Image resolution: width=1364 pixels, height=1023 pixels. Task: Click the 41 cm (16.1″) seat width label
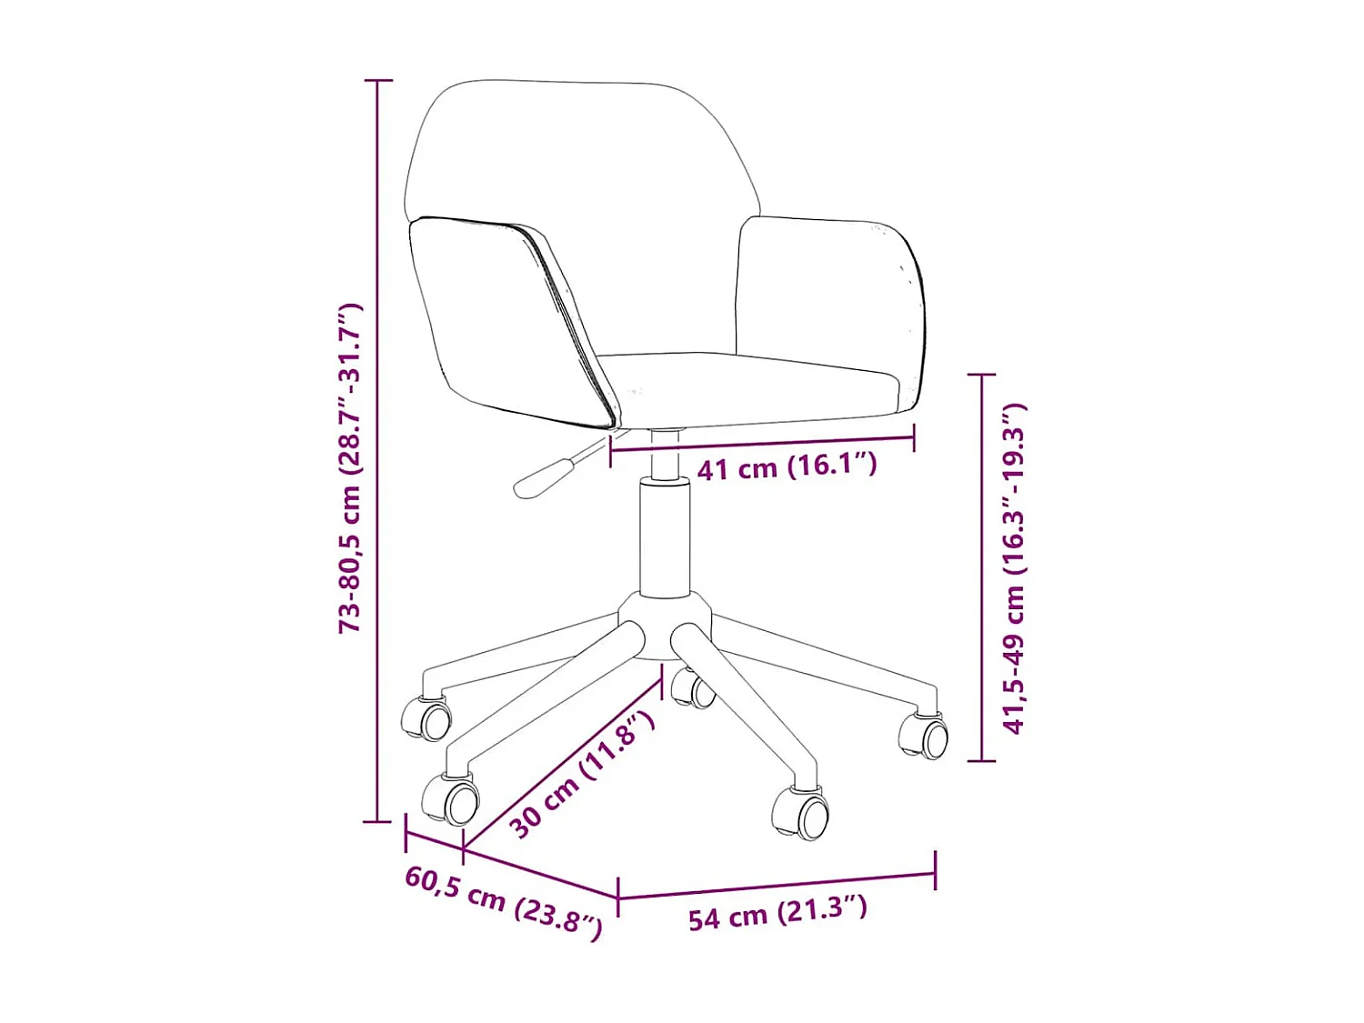click(x=786, y=466)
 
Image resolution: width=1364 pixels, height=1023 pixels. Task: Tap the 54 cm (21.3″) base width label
click(x=777, y=913)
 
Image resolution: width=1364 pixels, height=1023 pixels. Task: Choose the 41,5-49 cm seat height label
click(x=1014, y=568)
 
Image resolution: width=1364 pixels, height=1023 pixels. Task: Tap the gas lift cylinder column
click(x=665, y=539)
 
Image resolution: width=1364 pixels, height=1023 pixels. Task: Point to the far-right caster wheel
click(x=923, y=736)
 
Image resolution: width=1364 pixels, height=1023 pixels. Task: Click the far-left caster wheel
click(x=426, y=718)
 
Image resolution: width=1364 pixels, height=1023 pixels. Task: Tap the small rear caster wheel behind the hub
click(x=693, y=688)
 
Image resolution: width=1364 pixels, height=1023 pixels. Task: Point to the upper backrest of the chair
click(x=582, y=155)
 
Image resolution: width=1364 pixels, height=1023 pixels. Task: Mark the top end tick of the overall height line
click(x=377, y=81)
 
